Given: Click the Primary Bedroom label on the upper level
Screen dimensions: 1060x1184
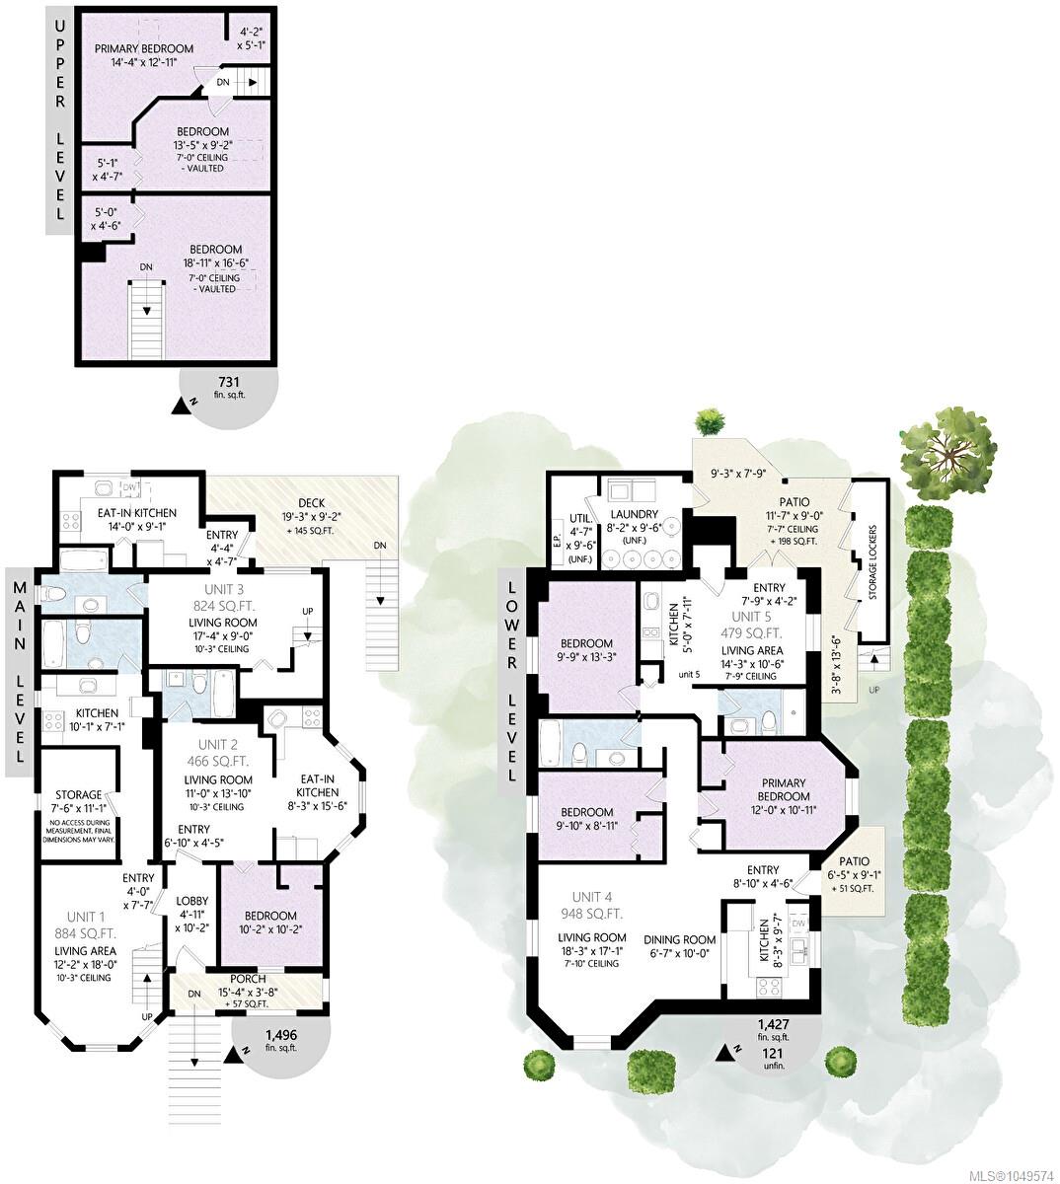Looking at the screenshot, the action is click(144, 48).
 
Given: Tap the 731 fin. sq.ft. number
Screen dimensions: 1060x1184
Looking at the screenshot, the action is click(229, 382).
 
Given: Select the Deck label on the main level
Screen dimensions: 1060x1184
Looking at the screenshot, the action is click(311, 502).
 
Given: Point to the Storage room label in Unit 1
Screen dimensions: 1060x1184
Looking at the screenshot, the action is click(78, 795).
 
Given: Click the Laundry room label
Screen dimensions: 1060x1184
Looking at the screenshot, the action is click(635, 514).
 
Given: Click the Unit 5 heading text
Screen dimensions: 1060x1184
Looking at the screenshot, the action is click(751, 617).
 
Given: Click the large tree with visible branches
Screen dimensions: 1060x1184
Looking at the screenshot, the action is click(947, 451).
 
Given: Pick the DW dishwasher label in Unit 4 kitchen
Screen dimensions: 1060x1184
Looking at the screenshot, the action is click(798, 924).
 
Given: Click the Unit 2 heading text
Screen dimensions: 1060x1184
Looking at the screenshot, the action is click(217, 745).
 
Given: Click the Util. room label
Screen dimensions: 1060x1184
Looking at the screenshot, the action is click(580, 518).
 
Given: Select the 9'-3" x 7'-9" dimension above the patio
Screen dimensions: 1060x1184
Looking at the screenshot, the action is click(738, 474).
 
